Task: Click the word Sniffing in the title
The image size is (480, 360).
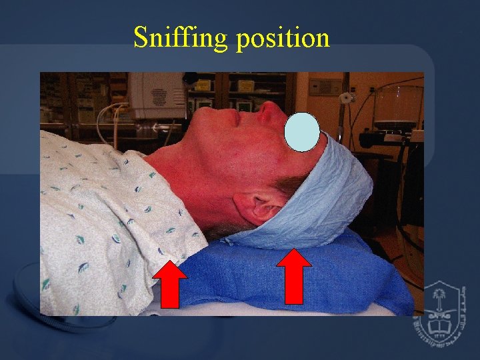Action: (x=180, y=38)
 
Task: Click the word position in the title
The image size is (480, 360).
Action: (x=283, y=38)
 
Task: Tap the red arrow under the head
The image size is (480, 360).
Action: (x=293, y=277)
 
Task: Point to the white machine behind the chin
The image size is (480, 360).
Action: (x=156, y=94)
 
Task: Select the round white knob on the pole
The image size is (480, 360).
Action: (x=345, y=98)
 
